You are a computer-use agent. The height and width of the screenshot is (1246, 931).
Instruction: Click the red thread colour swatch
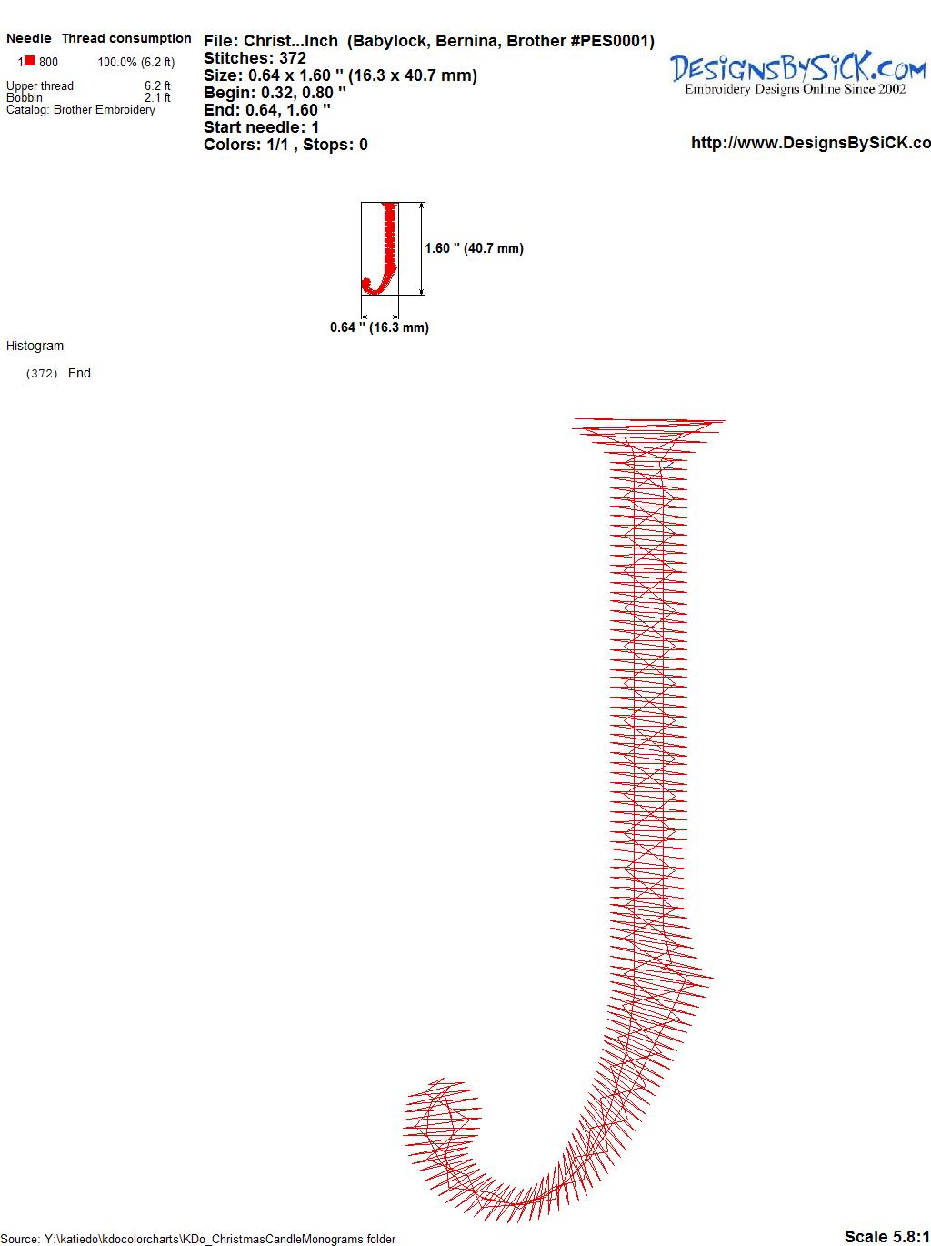pyautogui.click(x=29, y=61)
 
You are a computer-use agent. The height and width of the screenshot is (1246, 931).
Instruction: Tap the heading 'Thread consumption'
pyautogui.click(x=126, y=38)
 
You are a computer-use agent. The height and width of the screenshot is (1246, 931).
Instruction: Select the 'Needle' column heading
pyautogui.click(x=28, y=38)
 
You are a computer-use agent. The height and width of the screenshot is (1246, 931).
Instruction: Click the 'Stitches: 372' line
pyautogui.click(x=255, y=58)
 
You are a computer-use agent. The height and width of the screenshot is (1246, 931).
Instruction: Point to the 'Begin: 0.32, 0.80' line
pyautogui.click(x=275, y=93)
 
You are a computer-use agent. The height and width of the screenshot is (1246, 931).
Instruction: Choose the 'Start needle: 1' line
pyautogui.click(x=261, y=127)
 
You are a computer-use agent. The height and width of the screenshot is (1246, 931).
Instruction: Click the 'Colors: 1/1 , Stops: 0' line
pyautogui.click(x=285, y=145)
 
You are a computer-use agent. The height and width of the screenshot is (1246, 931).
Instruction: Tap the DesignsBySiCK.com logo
pyautogui.click(x=796, y=74)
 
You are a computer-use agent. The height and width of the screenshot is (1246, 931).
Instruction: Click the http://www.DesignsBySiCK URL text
pyautogui.click(x=811, y=143)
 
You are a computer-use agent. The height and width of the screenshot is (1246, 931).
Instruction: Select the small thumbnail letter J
pyautogui.click(x=380, y=248)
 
